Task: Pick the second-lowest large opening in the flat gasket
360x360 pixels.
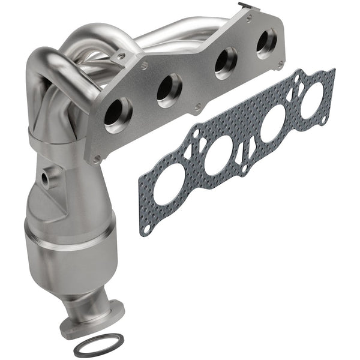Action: (220, 157)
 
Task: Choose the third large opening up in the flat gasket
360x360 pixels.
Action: (272, 124)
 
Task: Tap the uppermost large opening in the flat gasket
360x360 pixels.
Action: (310, 97)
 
